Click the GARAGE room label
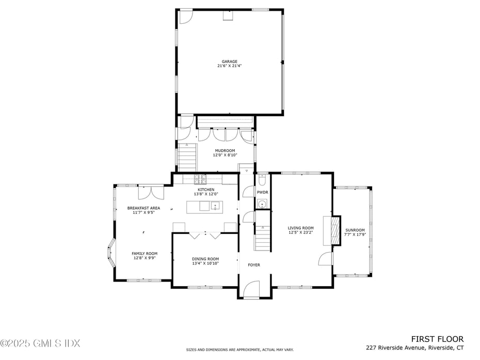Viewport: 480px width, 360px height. click(x=230, y=61)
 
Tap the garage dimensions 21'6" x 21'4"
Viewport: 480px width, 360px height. click(x=230, y=66)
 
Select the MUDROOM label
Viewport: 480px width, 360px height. click(x=225, y=151)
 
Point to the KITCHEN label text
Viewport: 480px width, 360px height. click(x=206, y=190)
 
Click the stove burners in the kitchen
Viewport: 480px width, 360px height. click(x=200, y=179)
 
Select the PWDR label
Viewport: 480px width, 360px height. click(x=263, y=192)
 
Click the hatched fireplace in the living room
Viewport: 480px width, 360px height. click(x=335, y=230)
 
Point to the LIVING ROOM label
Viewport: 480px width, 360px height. click(x=301, y=228)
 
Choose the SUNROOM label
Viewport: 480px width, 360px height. click(x=355, y=230)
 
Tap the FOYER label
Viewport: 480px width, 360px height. click(x=254, y=265)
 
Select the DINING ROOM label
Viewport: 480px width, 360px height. click(x=205, y=259)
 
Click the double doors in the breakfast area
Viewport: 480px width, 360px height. click(x=151, y=192)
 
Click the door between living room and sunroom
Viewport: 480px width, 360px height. click(x=325, y=259)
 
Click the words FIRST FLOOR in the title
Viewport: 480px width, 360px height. click(x=437, y=339)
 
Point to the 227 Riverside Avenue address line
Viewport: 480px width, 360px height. click(x=414, y=348)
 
